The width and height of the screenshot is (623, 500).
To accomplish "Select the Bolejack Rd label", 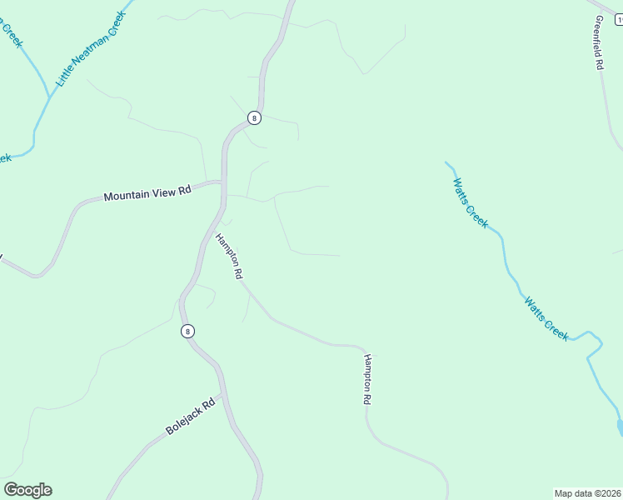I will [191, 417].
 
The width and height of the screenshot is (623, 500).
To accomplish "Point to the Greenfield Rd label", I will [598, 42].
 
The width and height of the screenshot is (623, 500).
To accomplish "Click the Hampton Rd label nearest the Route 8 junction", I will [228, 256].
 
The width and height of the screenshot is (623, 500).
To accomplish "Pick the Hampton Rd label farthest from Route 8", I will [366, 379].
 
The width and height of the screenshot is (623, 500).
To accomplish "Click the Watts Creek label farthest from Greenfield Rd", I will [546, 317].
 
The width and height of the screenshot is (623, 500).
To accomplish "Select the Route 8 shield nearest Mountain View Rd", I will [255, 117].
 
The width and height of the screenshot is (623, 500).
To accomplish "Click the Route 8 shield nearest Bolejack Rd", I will [188, 331].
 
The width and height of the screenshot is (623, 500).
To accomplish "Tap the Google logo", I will [27, 490].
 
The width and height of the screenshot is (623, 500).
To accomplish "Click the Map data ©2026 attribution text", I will [588, 492].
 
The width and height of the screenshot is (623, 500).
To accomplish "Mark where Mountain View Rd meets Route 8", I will [223, 182].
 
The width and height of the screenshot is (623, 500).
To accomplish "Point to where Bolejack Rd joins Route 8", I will [223, 394].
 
